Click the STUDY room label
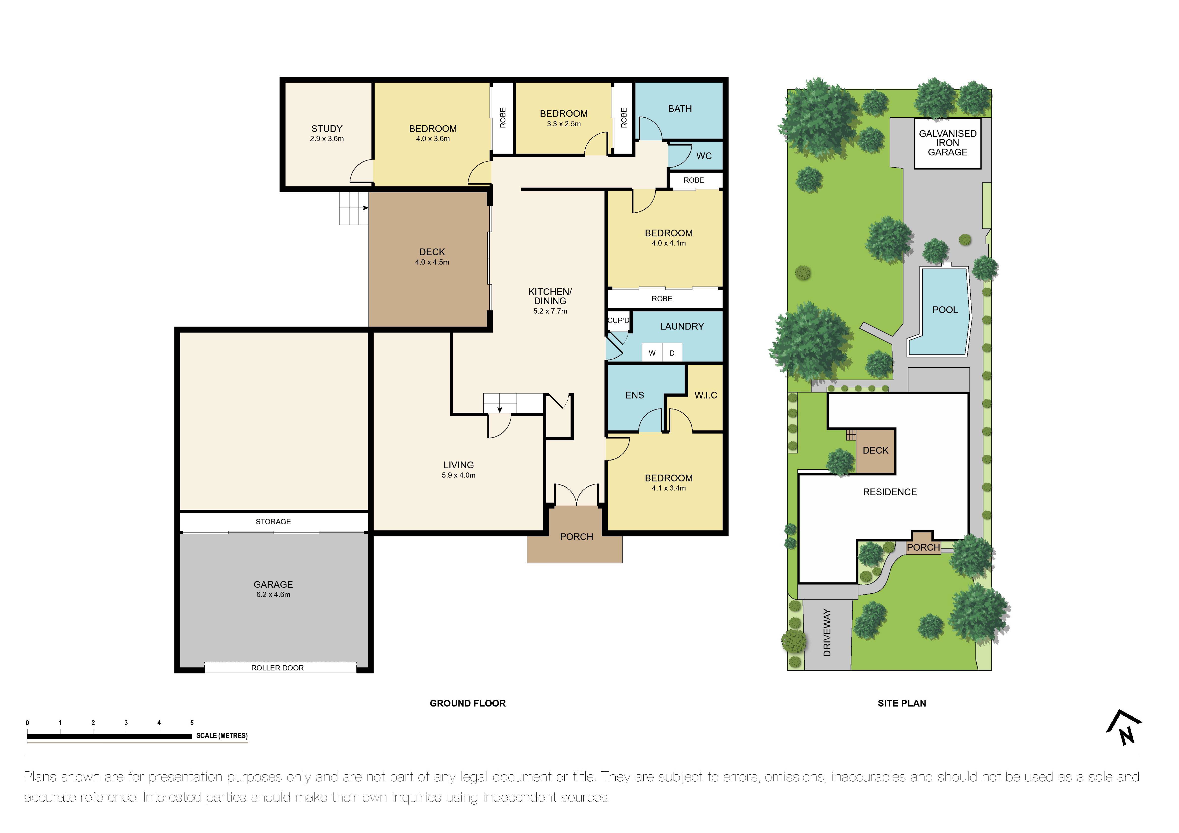click(x=327, y=129)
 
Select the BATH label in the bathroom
click(x=679, y=109)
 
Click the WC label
click(x=704, y=156)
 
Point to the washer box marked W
click(x=652, y=353)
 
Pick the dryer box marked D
click(x=672, y=353)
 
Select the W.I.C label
click(x=706, y=395)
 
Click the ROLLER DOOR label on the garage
click(x=277, y=668)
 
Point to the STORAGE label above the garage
click(x=273, y=521)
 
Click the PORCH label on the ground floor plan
click(x=576, y=537)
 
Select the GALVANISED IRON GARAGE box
click(x=947, y=143)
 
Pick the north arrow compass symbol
click(x=1124, y=728)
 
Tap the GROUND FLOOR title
click(x=467, y=703)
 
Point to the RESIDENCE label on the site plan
click(x=889, y=492)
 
